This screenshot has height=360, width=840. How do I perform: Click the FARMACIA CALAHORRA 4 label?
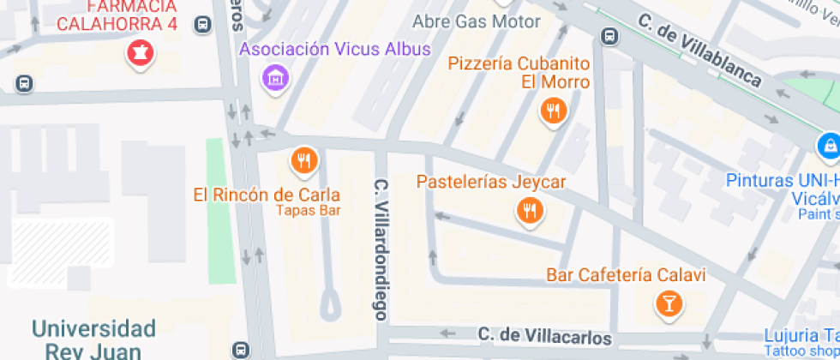pyautogui.click(x=117, y=15)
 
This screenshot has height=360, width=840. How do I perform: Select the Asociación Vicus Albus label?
pyautogui.click(x=335, y=49)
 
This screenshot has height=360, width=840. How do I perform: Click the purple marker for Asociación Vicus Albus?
pyautogui.click(x=275, y=79)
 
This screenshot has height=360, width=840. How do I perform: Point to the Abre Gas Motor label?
pyautogui.click(x=477, y=21)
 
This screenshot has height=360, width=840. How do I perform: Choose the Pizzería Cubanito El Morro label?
pyautogui.click(x=519, y=73)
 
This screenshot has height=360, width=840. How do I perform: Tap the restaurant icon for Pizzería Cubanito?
pyautogui.click(x=554, y=111)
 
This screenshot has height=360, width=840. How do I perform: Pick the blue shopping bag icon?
pyautogui.click(x=828, y=146)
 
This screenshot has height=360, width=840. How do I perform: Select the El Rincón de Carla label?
pyautogui.click(x=267, y=195)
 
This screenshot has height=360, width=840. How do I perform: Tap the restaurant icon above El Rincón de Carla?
pyautogui.click(x=303, y=160)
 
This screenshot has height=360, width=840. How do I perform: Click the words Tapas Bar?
pyautogui.click(x=309, y=210)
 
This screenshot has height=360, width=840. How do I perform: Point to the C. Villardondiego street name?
pyautogui.click(x=381, y=249)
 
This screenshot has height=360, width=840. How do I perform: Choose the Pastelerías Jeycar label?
pyautogui.click(x=491, y=182)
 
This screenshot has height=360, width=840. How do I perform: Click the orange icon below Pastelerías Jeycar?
pyautogui.click(x=530, y=211)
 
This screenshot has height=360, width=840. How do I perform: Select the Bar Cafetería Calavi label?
pyautogui.click(x=626, y=275)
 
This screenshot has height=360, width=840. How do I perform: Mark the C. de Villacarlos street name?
pyautogui.click(x=544, y=334)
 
